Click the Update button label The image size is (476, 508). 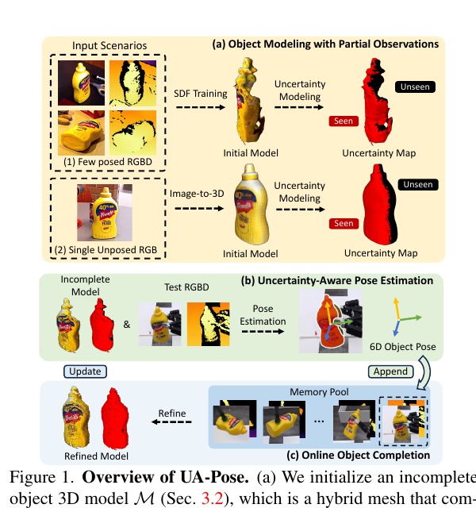pyautogui.click(x=85, y=371)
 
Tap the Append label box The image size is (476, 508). pyautogui.click(x=390, y=371)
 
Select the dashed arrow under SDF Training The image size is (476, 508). pyautogui.click(x=201, y=107)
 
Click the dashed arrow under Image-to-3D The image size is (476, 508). pyautogui.click(x=199, y=208)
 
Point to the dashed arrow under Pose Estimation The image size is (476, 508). pyautogui.click(x=263, y=331)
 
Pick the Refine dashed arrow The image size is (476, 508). pyautogui.click(x=171, y=421)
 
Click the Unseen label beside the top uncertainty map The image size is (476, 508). pyautogui.click(x=415, y=87)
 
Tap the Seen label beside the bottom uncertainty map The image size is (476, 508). pyautogui.click(x=344, y=224)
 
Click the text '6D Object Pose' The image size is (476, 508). pyautogui.click(x=402, y=347)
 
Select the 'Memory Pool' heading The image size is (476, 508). pyautogui.click(x=319, y=392)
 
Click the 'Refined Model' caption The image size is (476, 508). pyautogui.click(x=96, y=456)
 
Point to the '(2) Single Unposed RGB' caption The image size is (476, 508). pyautogui.click(x=106, y=250)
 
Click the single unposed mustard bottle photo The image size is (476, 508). pyautogui.click(x=105, y=213)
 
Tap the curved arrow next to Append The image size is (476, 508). pyautogui.click(x=424, y=372)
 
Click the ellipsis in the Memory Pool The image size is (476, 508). pyautogui.click(x=319, y=421)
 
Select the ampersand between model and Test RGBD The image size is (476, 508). pyautogui.click(x=127, y=325)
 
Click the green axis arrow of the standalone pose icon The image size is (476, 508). pyautogui.click(x=411, y=318)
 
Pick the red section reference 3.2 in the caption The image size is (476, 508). pyautogui.click(x=213, y=498)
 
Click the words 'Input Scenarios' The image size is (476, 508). pyautogui.click(x=109, y=46)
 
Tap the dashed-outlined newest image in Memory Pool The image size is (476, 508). pyautogui.click(x=404, y=421)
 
